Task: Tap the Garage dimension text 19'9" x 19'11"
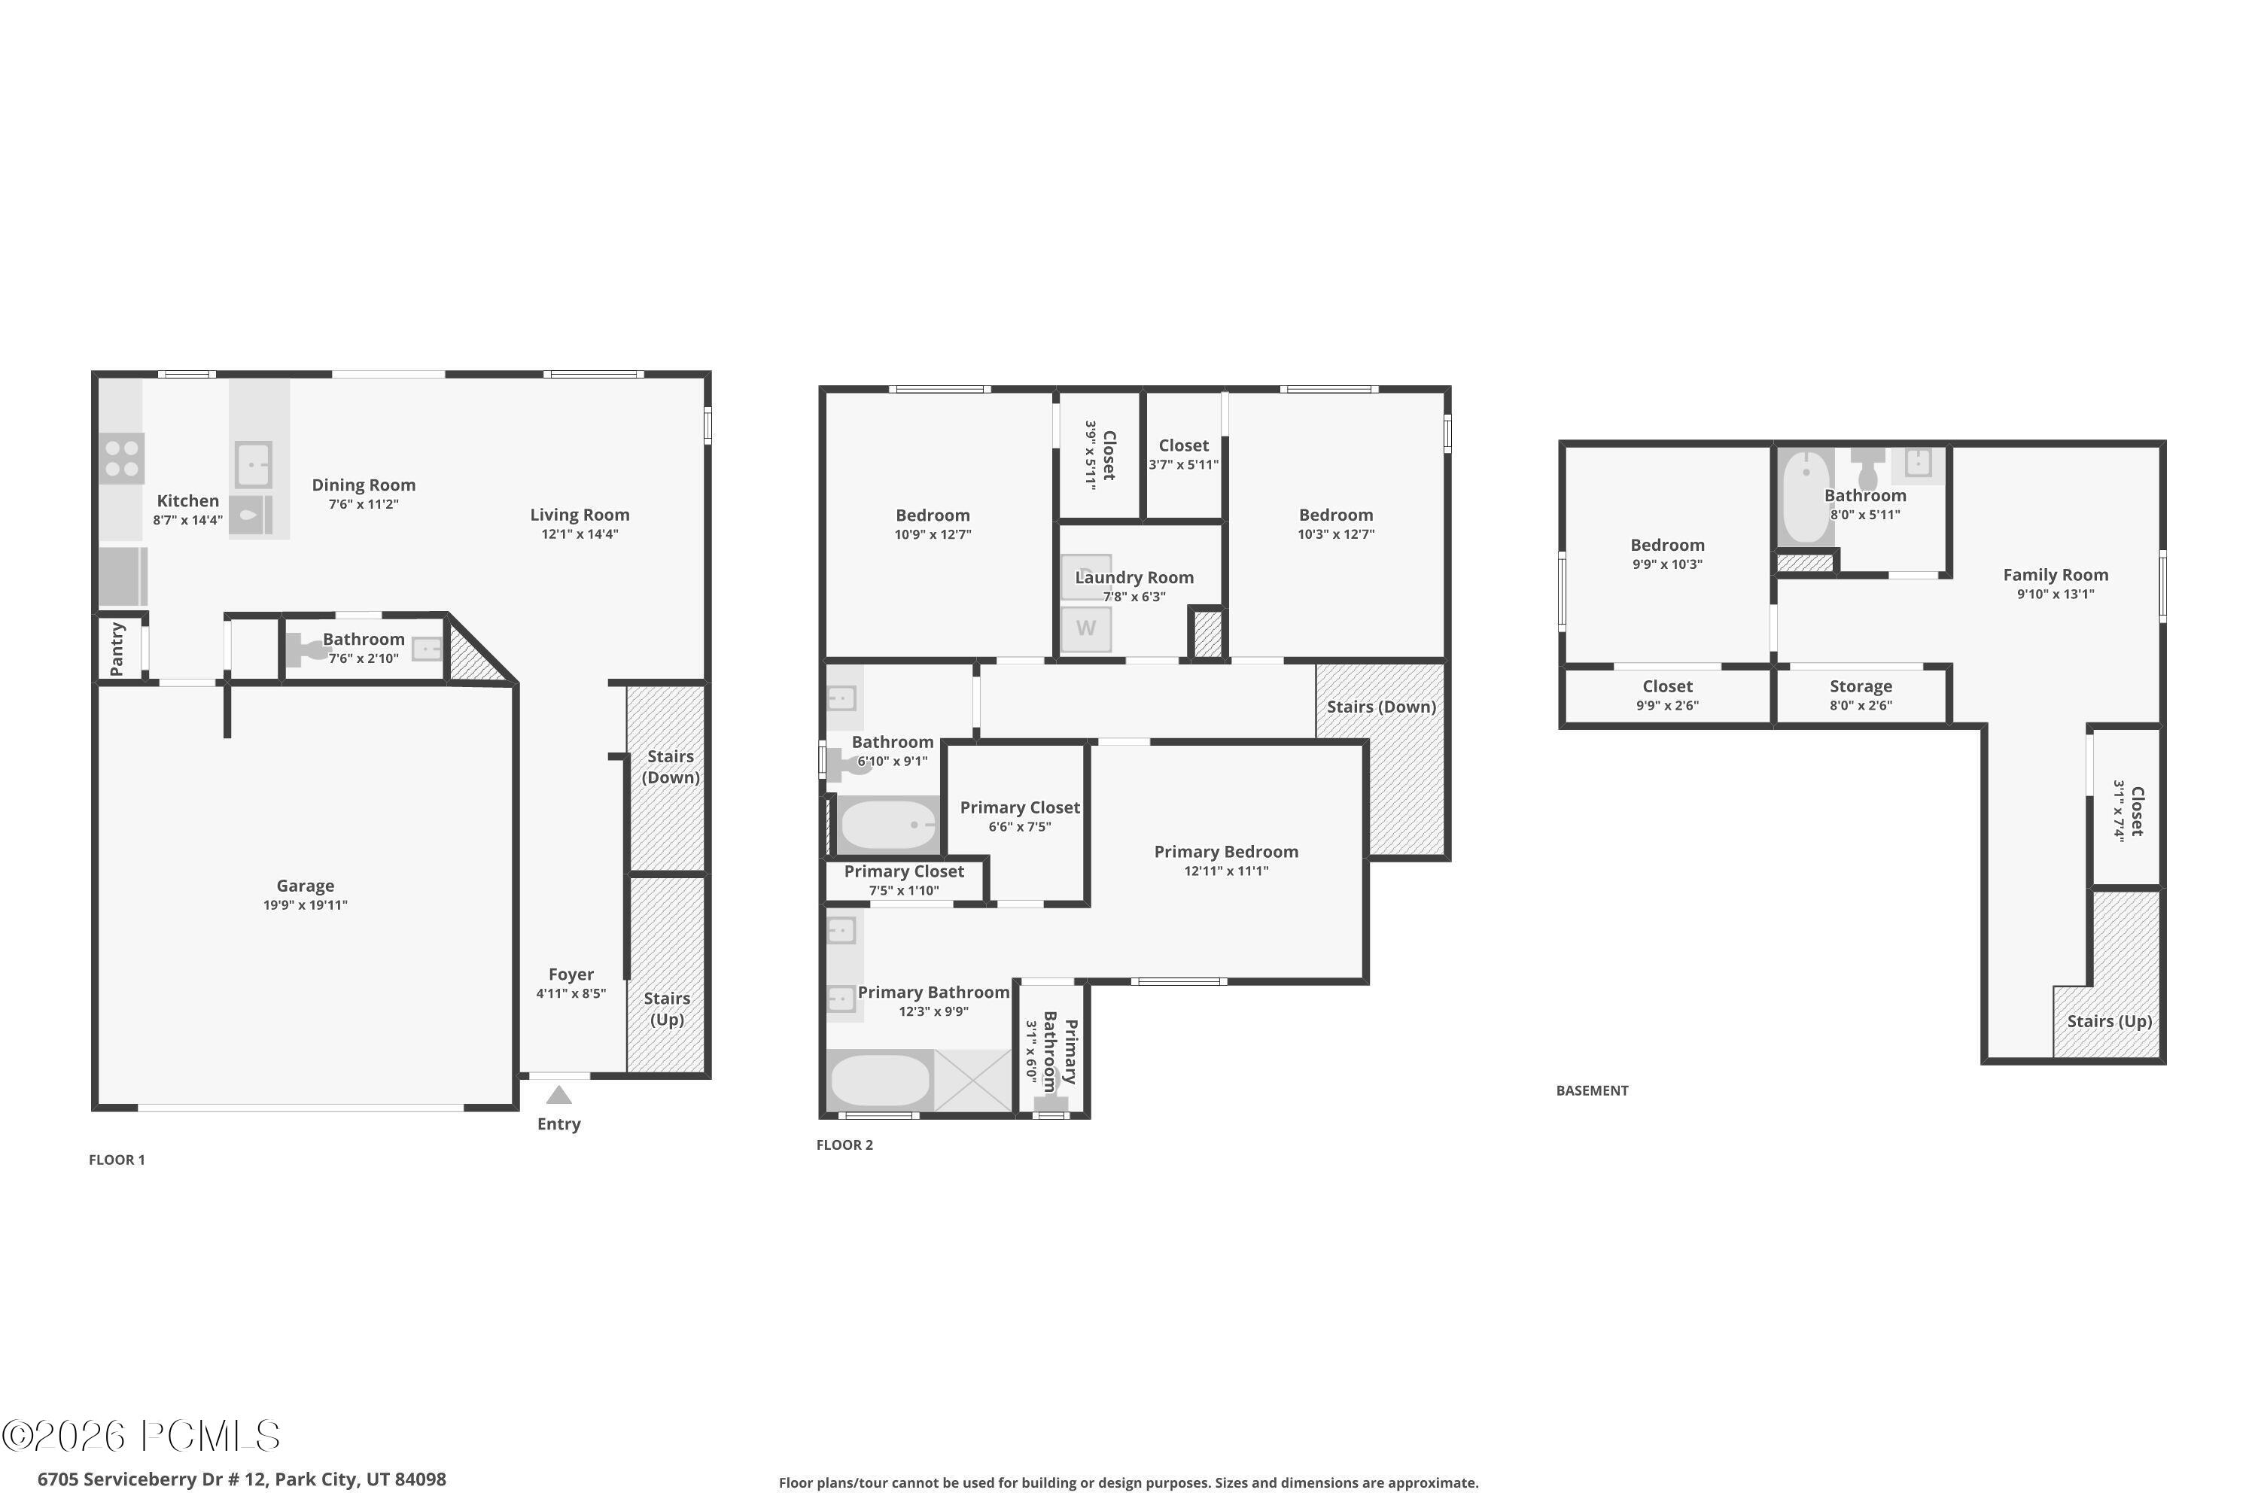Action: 306,905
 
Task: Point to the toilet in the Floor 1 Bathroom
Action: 306,650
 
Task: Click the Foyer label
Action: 571,974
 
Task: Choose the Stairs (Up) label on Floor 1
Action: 667,1009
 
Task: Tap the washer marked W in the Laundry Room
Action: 1086,628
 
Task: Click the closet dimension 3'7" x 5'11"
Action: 1184,464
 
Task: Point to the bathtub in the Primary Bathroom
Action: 879,1080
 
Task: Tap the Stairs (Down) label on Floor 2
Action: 1381,707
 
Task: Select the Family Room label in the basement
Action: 2056,575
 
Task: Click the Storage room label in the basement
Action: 1861,686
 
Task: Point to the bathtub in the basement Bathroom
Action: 1806,498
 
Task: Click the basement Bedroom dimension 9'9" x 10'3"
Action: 1668,564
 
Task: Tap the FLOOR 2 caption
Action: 844,1145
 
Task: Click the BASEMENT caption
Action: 1592,1090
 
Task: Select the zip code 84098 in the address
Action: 421,1479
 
